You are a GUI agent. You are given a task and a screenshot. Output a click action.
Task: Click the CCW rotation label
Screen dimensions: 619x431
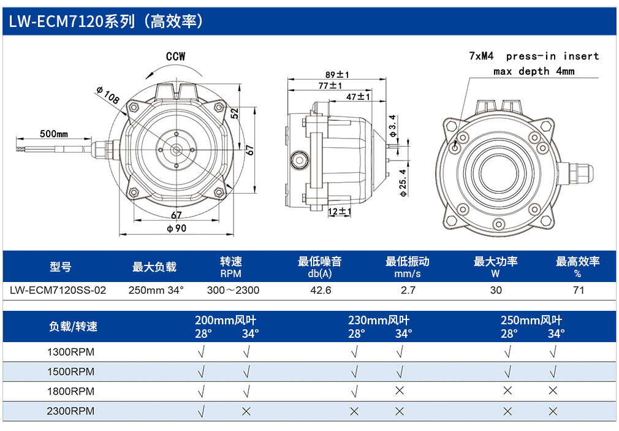(x=176, y=56)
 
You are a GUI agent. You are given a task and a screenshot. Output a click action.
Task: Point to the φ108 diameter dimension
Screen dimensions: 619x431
(x=107, y=95)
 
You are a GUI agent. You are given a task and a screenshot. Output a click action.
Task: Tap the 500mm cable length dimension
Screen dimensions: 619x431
(x=54, y=134)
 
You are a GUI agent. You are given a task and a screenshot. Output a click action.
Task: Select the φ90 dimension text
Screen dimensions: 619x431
(x=176, y=228)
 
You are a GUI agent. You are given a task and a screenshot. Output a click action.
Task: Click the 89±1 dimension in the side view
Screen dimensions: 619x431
(x=337, y=75)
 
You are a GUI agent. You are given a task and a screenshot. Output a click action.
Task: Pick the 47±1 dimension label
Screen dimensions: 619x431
(x=358, y=97)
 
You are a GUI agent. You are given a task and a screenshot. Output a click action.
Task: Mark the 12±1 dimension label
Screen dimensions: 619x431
(x=340, y=212)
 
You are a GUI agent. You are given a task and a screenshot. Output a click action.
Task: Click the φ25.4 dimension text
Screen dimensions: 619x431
(x=403, y=183)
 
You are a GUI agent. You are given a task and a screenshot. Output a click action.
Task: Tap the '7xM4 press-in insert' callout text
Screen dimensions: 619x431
(x=534, y=56)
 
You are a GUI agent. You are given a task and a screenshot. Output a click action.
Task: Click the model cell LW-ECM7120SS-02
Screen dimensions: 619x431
(x=58, y=291)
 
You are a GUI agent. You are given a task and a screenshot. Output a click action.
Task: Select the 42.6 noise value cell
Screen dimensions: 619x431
(x=321, y=291)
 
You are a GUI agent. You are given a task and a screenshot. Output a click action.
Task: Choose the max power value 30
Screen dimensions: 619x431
(x=496, y=291)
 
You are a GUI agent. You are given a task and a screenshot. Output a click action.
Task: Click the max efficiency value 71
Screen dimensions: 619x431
(x=579, y=291)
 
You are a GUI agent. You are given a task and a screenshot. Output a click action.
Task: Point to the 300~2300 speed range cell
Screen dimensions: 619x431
(x=233, y=291)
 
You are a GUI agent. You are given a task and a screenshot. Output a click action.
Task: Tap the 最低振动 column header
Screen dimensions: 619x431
(x=408, y=262)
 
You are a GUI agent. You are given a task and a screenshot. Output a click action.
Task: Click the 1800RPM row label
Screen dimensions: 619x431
(x=70, y=392)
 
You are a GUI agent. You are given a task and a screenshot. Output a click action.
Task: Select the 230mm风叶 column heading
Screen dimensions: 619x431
(x=379, y=320)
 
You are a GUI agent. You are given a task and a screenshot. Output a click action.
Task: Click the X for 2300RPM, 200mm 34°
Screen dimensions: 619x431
(x=246, y=411)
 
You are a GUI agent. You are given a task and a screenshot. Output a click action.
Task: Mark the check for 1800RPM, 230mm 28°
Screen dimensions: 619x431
(x=354, y=391)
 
